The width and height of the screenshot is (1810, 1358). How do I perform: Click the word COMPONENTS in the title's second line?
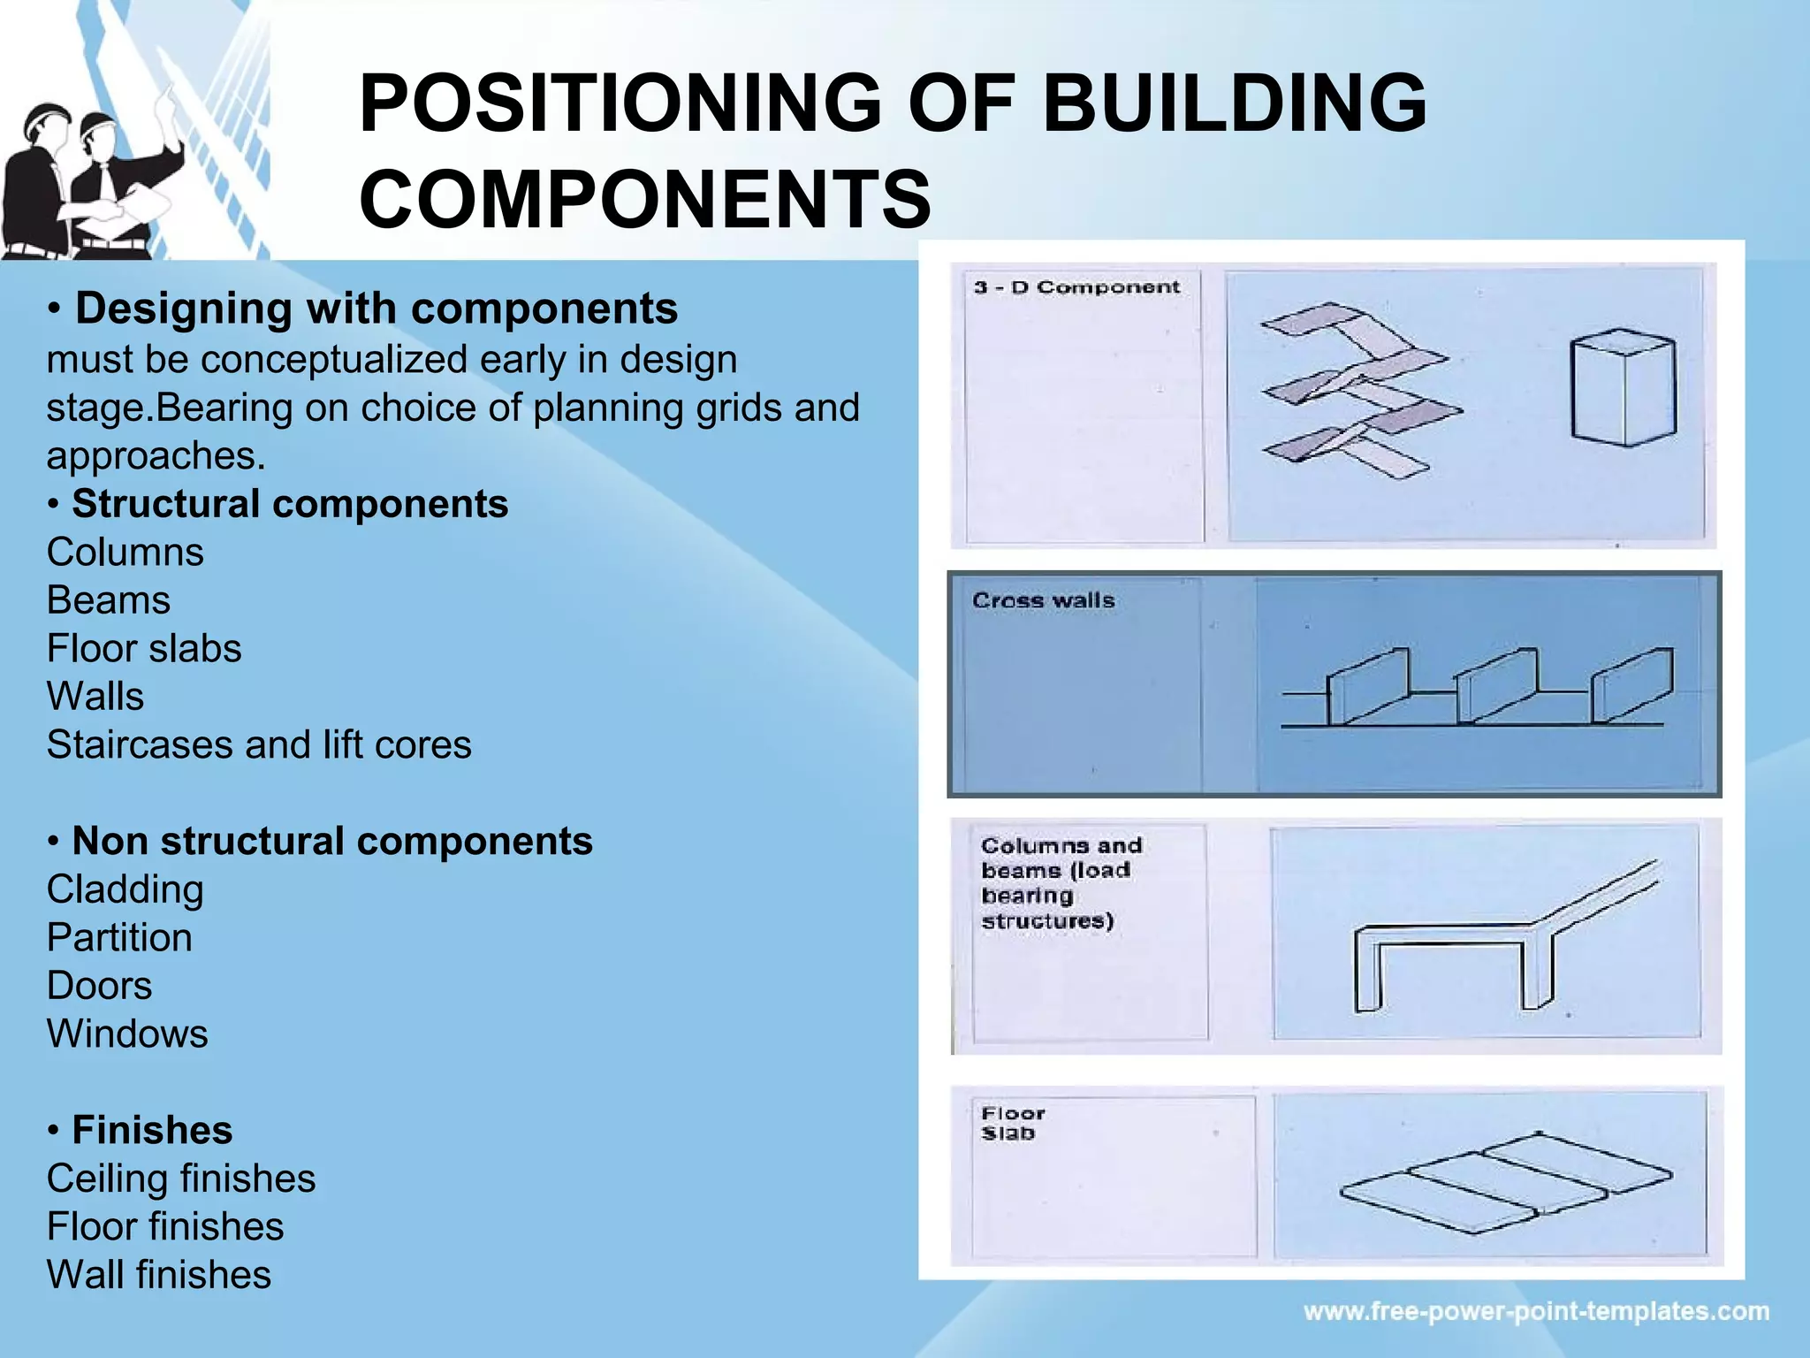pos(645,199)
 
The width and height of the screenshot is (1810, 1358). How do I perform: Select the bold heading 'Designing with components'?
pos(376,309)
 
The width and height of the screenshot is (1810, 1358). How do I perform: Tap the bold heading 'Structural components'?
pos(290,504)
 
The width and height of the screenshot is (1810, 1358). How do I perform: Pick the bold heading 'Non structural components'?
pos(332,841)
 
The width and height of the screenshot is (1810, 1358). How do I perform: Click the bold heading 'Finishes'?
pos(152,1130)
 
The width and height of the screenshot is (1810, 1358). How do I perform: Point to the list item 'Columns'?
pos(125,553)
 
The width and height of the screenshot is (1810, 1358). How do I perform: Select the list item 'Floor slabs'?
pos(144,649)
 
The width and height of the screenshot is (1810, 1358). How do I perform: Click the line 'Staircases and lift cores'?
pos(259,744)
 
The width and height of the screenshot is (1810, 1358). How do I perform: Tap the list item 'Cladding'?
pos(125,889)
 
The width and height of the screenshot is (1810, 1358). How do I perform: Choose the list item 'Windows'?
pos(127,1034)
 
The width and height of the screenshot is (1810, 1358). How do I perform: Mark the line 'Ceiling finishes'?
pos(181,1179)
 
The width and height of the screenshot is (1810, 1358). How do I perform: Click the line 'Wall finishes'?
pos(159,1275)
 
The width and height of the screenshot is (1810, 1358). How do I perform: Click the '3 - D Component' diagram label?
pos(1076,287)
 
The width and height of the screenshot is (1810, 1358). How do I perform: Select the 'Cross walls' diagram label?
pos(1043,600)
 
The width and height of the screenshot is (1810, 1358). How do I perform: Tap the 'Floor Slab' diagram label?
pos(1013,1123)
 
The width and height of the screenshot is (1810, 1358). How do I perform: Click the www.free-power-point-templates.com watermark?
pos(1536,1311)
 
